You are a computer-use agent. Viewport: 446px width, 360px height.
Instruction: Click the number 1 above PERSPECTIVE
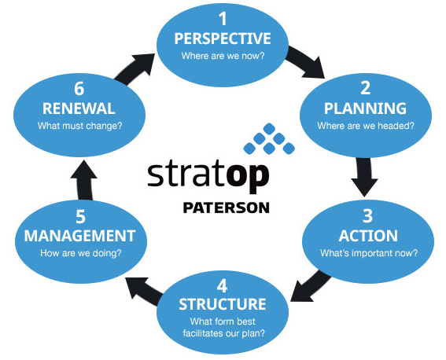tap(223, 19)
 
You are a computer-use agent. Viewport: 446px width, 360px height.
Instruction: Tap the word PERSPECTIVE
tap(223, 39)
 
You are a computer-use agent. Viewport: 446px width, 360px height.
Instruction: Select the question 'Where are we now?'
tap(223, 55)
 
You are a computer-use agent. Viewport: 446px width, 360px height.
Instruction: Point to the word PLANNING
tap(366, 108)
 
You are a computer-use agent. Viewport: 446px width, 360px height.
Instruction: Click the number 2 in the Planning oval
tap(366, 88)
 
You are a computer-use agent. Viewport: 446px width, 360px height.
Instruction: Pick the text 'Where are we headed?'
tap(366, 125)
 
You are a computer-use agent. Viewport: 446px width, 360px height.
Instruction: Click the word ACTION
tap(368, 236)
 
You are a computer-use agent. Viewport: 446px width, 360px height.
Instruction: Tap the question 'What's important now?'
tap(369, 252)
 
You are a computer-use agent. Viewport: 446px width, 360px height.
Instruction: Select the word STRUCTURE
tap(223, 304)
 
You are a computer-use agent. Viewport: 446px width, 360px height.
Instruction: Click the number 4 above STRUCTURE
tap(222, 286)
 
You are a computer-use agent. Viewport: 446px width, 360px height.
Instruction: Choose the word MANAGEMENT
tap(79, 236)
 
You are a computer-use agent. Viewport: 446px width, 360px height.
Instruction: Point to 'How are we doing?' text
tap(81, 253)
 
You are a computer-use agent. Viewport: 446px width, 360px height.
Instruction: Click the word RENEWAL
tap(79, 108)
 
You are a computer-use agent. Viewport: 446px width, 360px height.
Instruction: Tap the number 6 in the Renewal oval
tap(79, 88)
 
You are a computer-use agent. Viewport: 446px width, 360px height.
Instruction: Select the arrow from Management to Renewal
tap(84, 180)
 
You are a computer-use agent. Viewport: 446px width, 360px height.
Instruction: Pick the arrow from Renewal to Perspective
tap(134, 68)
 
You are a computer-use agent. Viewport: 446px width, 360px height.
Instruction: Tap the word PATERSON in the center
tap(226, 208)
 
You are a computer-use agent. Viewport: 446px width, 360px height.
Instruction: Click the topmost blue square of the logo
tap(269, 129)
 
